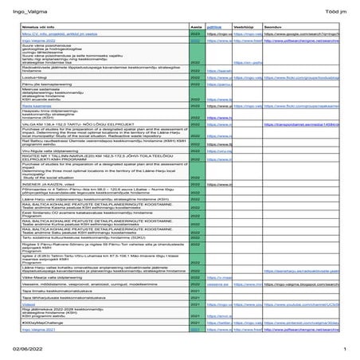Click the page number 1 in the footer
345,350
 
